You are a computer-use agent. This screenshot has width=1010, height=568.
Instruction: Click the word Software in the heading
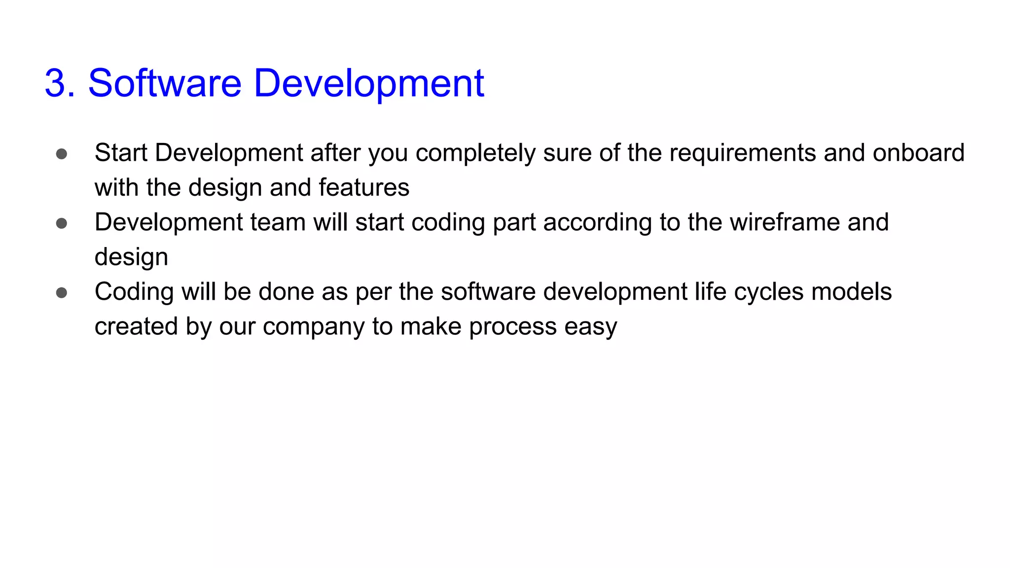(165, 83)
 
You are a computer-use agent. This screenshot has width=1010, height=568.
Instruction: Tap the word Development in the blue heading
(368, 83)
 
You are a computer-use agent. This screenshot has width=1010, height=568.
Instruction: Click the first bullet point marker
(62, 154)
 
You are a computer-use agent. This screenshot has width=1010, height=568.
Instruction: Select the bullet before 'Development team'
(62, 223)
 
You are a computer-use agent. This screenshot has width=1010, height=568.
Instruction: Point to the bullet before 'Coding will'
(62, 293)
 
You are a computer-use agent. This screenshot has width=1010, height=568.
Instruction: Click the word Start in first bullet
(121, 153)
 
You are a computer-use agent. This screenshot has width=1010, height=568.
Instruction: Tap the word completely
(475, 153)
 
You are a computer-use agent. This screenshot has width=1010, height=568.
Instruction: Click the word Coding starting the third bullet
(134, 292)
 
